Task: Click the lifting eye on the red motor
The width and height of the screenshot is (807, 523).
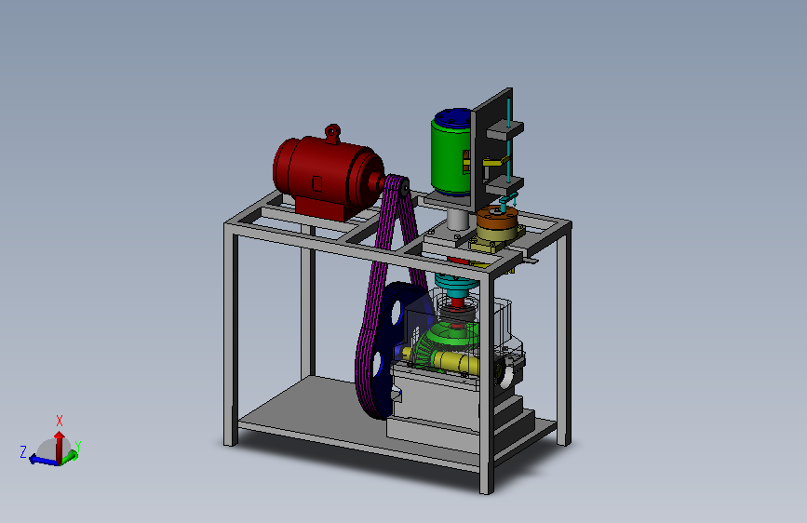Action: [333, 133]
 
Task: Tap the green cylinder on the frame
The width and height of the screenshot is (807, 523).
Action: [451, 157]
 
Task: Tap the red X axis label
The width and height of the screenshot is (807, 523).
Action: [60, 421]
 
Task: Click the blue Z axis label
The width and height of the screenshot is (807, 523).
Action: [23, 452]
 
